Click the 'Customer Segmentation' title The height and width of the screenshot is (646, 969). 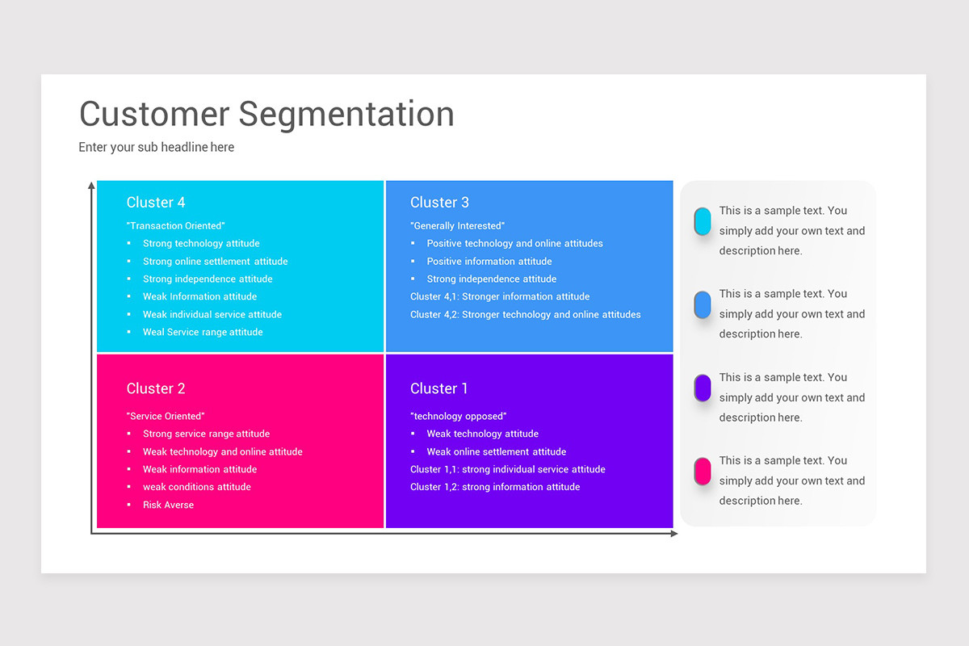coord(266,114)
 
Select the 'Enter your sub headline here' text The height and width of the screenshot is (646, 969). coord(157,147)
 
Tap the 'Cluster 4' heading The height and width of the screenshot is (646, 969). coord(156,202)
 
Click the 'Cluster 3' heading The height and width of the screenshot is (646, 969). coord(439,202)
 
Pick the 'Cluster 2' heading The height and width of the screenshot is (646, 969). coord(156,388)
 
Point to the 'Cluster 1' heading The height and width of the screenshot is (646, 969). coord(439,388)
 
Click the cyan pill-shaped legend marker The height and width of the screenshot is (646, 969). coord(703,221)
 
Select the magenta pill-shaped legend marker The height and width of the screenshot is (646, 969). coord(703,471)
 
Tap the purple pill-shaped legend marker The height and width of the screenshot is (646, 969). coord(703,388)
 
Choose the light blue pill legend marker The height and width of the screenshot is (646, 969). coord(703,304)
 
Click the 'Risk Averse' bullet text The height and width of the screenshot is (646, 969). coord(168,505)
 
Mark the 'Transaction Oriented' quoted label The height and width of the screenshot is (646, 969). coord(175,226)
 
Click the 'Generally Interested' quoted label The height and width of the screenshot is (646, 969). coord(457,226)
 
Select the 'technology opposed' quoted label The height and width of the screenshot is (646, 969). coord(459,416)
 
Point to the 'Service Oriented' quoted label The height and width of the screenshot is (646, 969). coord(166,416)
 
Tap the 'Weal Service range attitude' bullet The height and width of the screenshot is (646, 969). coord(203,332)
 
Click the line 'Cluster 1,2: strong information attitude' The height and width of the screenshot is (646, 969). coord(495,487)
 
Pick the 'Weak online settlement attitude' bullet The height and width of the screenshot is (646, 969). coord(496,451)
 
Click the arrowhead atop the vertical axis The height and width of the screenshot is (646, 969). coord(91,186)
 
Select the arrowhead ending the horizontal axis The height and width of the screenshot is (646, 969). coord(674,534)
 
